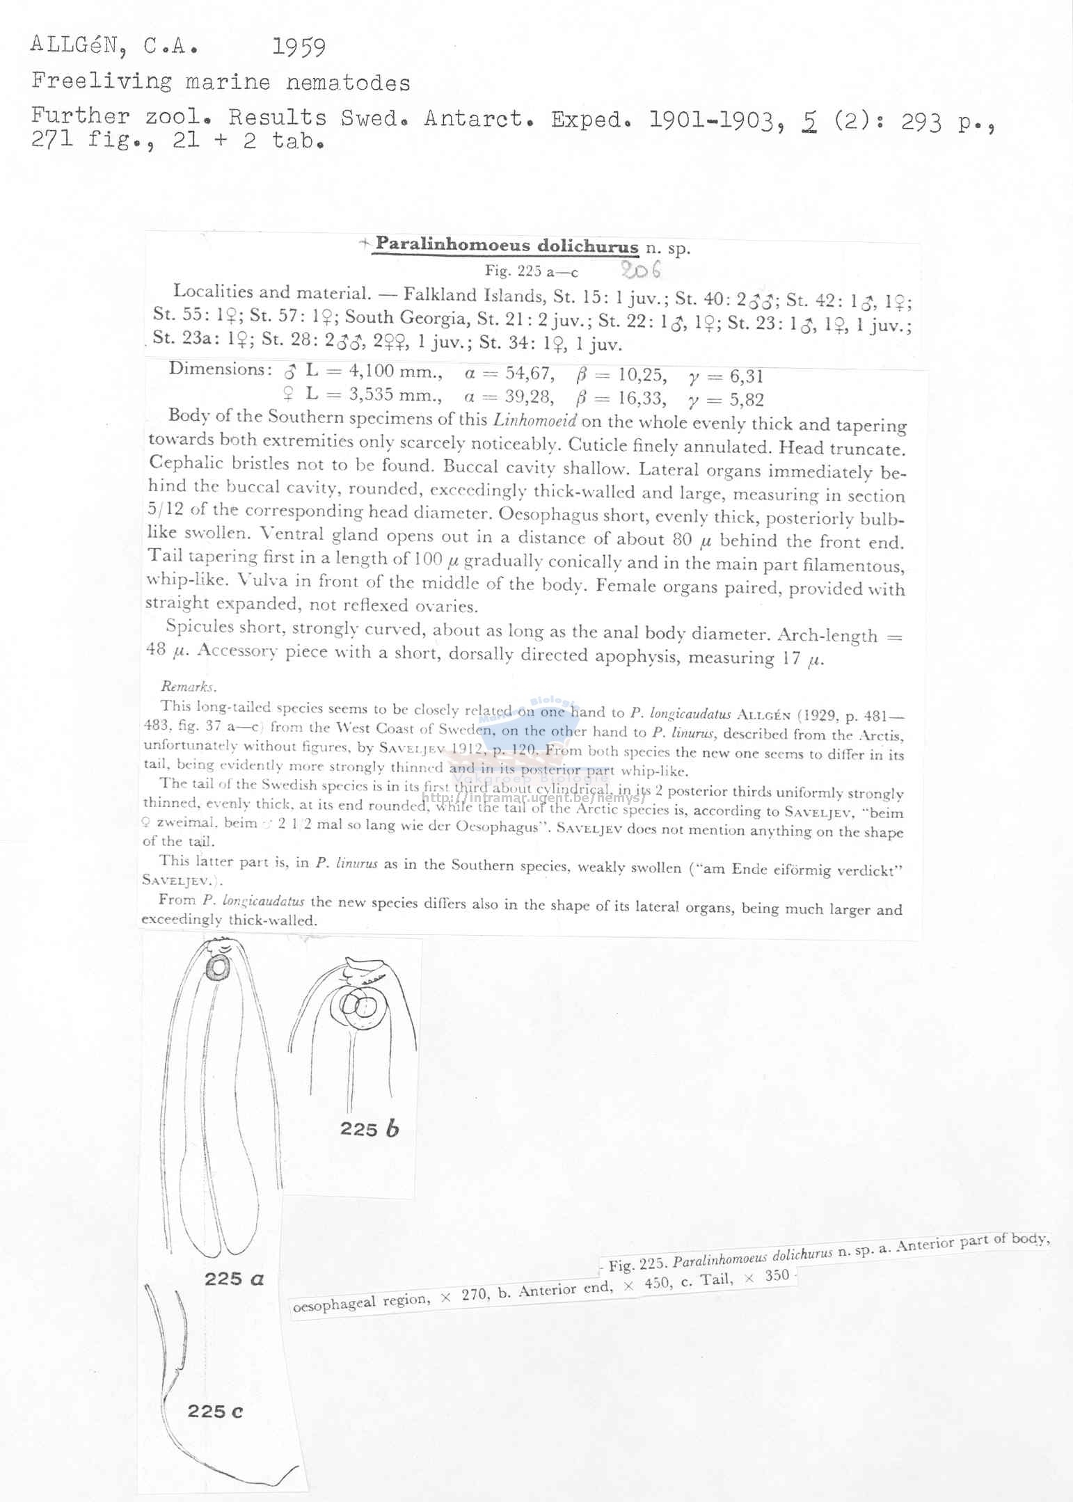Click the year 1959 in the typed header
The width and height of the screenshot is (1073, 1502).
click(x=299, y=47)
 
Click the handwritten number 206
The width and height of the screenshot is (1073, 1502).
click(x=642, y=269)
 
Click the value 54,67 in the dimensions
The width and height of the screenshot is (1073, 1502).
click(x=530, y=374)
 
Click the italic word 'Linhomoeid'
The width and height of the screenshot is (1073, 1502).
click(x=535, y=420)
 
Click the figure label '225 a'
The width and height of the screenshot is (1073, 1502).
click(x=234, y=1278)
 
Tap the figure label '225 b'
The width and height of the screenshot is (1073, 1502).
click(x=369, y=1129)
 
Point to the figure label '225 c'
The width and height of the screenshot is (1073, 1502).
click(x=215, y=1412)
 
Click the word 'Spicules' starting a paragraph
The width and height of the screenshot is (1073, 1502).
click(x=200, y=626)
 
